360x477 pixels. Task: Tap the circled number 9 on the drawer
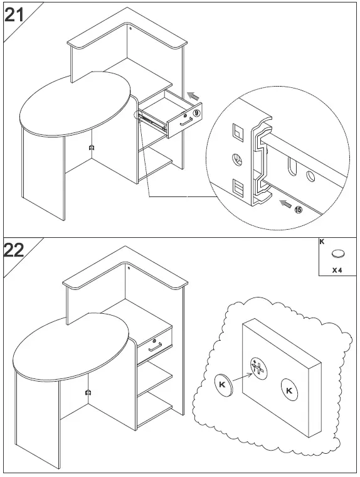pyautogui.click(x=196, y=113)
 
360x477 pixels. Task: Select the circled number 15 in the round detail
pyautogui.click(x=297, y=209)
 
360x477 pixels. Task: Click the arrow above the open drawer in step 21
pyautogui.click(x=195, y=95)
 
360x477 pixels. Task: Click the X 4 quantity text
pyautogui.click(x=338, y=271)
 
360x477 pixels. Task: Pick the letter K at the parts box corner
pyautogui.click(x=322, y=242)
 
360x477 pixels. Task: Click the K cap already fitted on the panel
pyautogui.click(x=289, y=390)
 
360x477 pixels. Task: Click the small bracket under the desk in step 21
pyautogui.click(x=92, y=148)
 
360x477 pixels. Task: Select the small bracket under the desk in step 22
pyautogui.click(x=88, y=392)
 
